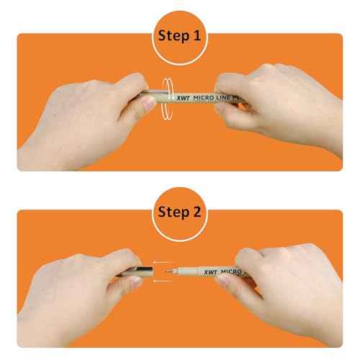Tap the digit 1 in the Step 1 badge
[x=197, y=35]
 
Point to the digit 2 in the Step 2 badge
[x=197, y=212]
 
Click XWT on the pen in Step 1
[x=184, y=98]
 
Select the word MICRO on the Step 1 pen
[x=204, y=98]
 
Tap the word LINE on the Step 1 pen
[x=223, y=97]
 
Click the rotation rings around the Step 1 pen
[x=168, y=99]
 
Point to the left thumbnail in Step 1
[x=148, y=104]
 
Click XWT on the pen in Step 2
[x=210, y=272]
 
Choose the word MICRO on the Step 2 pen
[x=231, y=272]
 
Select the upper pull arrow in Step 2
[x=163, y=263]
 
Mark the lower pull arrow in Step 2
[x=163, y=281]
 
